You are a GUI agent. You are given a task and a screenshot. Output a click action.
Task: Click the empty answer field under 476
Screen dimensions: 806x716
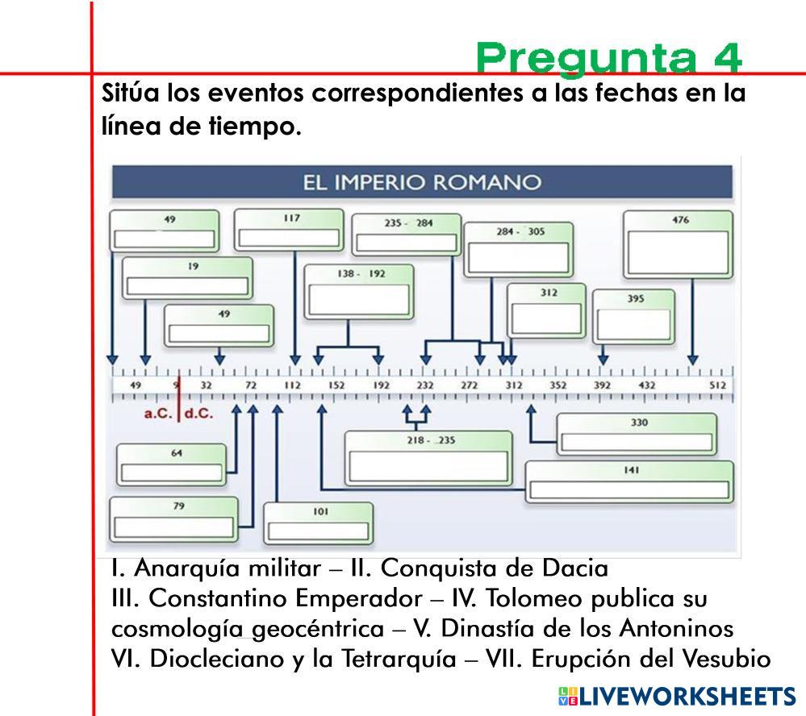pyautogui.click(x=678, y=253)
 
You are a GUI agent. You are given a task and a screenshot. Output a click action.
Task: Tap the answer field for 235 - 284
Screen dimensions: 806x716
pyautogui.click(x=406, y=243)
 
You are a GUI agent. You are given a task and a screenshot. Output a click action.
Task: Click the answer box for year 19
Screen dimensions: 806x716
pyautogui.click(x=187, y=286)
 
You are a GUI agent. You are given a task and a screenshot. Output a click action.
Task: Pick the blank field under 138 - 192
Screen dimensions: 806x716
pyautogui.click(x=359, y=298)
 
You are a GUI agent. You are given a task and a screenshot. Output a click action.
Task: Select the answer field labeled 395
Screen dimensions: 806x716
pyautogui.click(x=633, y=323)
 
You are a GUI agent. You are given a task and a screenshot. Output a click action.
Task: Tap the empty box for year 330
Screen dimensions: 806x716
pyautogui.click(x=637, y=442)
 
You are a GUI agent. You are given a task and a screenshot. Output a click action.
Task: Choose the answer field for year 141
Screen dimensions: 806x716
pyautogui.click(x=629, y=489)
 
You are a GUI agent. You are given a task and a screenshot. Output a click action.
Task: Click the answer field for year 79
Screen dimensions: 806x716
pyautogui.click(x=173, y=527)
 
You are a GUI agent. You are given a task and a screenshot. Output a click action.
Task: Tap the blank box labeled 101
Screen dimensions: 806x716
pyautogui.click(x=318, y=531)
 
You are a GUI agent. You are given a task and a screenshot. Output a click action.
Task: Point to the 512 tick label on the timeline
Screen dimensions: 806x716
pyautogui.click(x=717, y=385)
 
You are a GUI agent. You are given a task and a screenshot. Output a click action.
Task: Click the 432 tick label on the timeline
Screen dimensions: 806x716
pyautogui.click(x=646, y=385)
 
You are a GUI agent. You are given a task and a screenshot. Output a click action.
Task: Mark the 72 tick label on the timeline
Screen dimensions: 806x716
pyautogui.click(x=250, y=385)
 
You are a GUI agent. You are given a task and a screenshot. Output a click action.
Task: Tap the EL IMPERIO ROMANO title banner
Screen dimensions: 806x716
pyautogui.click(x=421, y=182)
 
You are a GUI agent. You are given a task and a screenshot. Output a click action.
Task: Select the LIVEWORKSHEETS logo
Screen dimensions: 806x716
pyautogui.click(x=676, y=697)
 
